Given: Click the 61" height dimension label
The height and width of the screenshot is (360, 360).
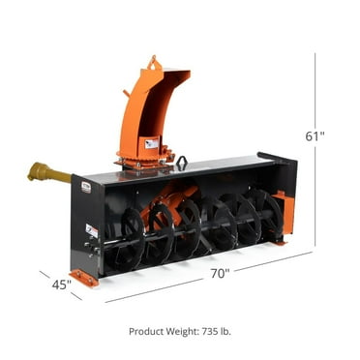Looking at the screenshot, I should point(315,136).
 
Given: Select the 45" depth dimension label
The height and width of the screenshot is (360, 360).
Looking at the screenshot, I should point(60,285).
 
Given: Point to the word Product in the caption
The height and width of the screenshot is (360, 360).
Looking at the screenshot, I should point(148,332).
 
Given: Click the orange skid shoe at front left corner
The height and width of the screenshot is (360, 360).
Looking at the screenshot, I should point(84,278).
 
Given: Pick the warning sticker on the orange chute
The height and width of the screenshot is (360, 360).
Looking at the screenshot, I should point(151,142).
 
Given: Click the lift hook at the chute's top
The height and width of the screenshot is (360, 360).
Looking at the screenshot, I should point(152,64).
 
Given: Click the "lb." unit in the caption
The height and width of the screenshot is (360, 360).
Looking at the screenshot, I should point(225,332).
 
